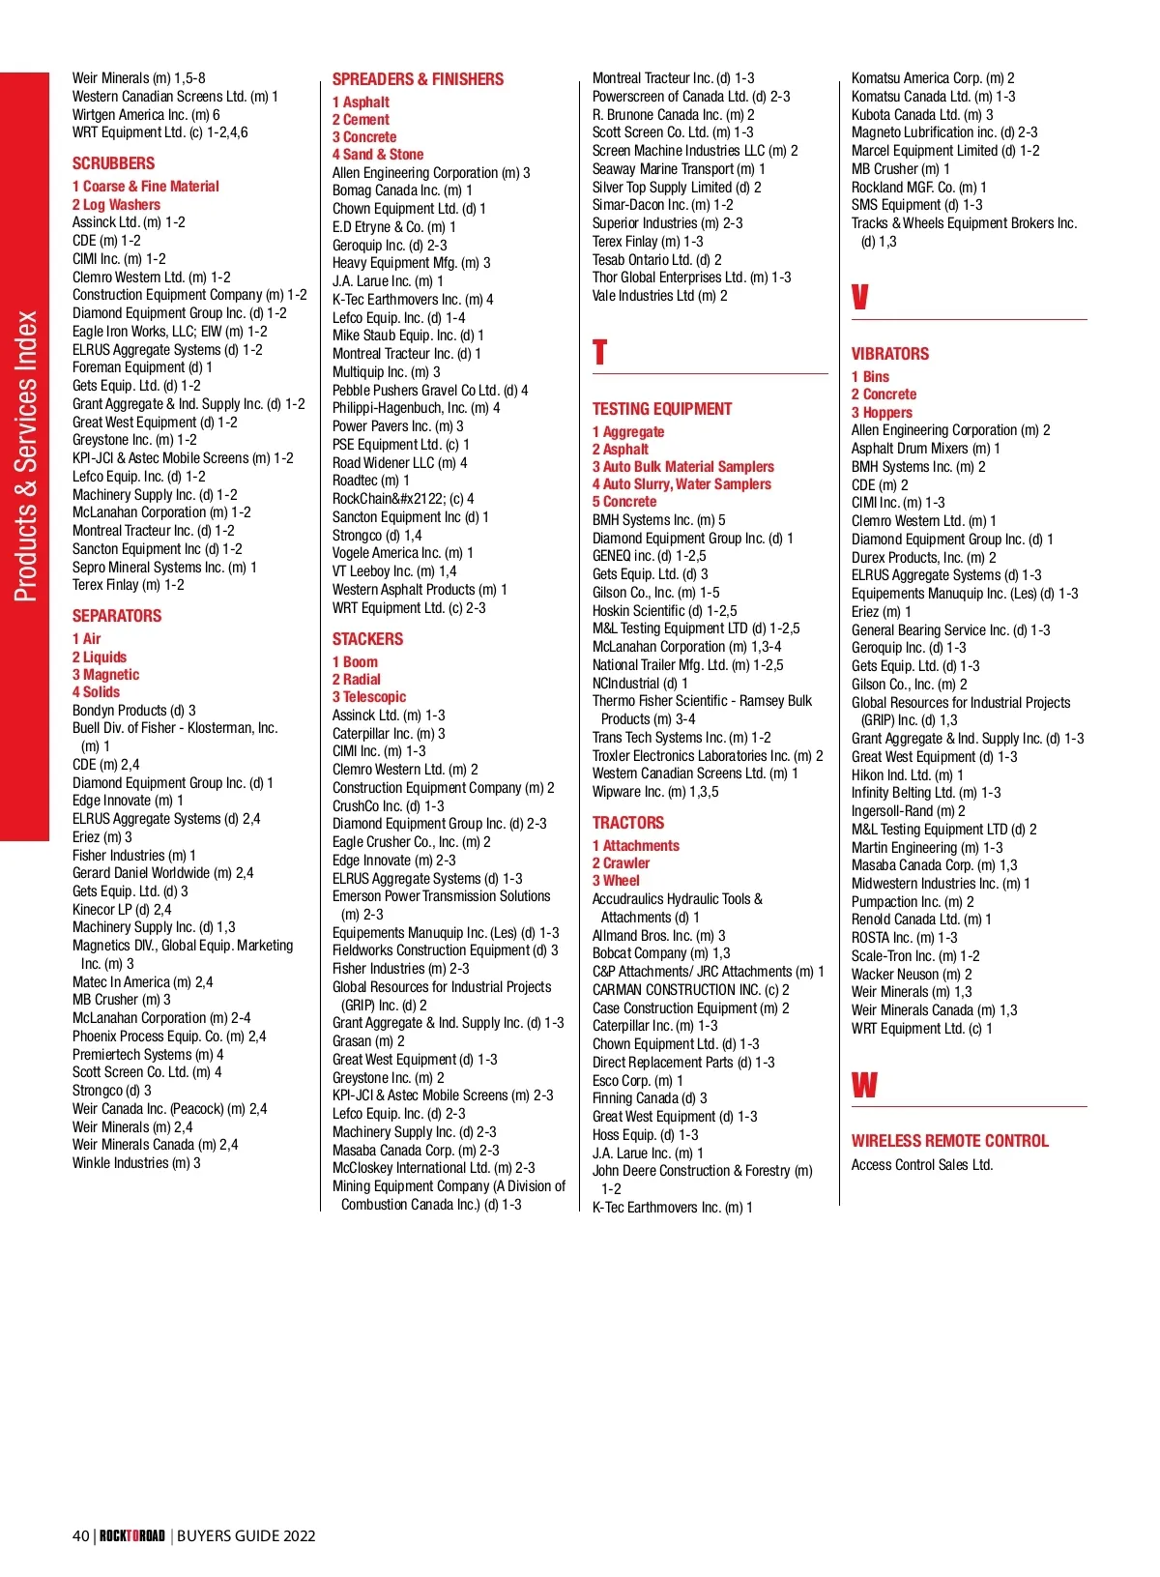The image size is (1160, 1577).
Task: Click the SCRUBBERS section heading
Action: click(113, 163)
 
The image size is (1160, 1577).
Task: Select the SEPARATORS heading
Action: click(117, 616)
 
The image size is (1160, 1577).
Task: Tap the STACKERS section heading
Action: click(367, 639)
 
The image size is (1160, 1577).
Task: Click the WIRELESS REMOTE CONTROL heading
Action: click(949, 1141)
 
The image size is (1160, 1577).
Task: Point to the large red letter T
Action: click(599, 352)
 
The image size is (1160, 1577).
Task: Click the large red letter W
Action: click(864, 1085)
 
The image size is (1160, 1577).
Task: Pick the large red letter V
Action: click(859, 297)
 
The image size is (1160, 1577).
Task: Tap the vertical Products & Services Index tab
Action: click(25, 455)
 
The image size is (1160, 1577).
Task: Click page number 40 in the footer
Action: click(81, 1535)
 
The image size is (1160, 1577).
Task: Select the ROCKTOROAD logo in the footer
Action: click(132, 1535)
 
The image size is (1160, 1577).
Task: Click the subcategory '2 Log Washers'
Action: click(116, 205)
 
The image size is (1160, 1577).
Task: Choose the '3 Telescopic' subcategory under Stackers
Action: click(369, 697)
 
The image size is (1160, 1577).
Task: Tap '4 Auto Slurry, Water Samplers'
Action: click(681, 484)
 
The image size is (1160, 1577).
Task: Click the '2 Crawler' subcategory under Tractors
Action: click(621, 863)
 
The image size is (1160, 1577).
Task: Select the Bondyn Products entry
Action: click(133, 711)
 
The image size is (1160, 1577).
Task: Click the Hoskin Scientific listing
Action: click(664, 611)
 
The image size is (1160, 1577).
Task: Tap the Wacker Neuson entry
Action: click(911, 975)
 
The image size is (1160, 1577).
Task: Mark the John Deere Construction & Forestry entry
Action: click(702, 1171)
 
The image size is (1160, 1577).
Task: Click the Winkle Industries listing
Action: click(136, 1163)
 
